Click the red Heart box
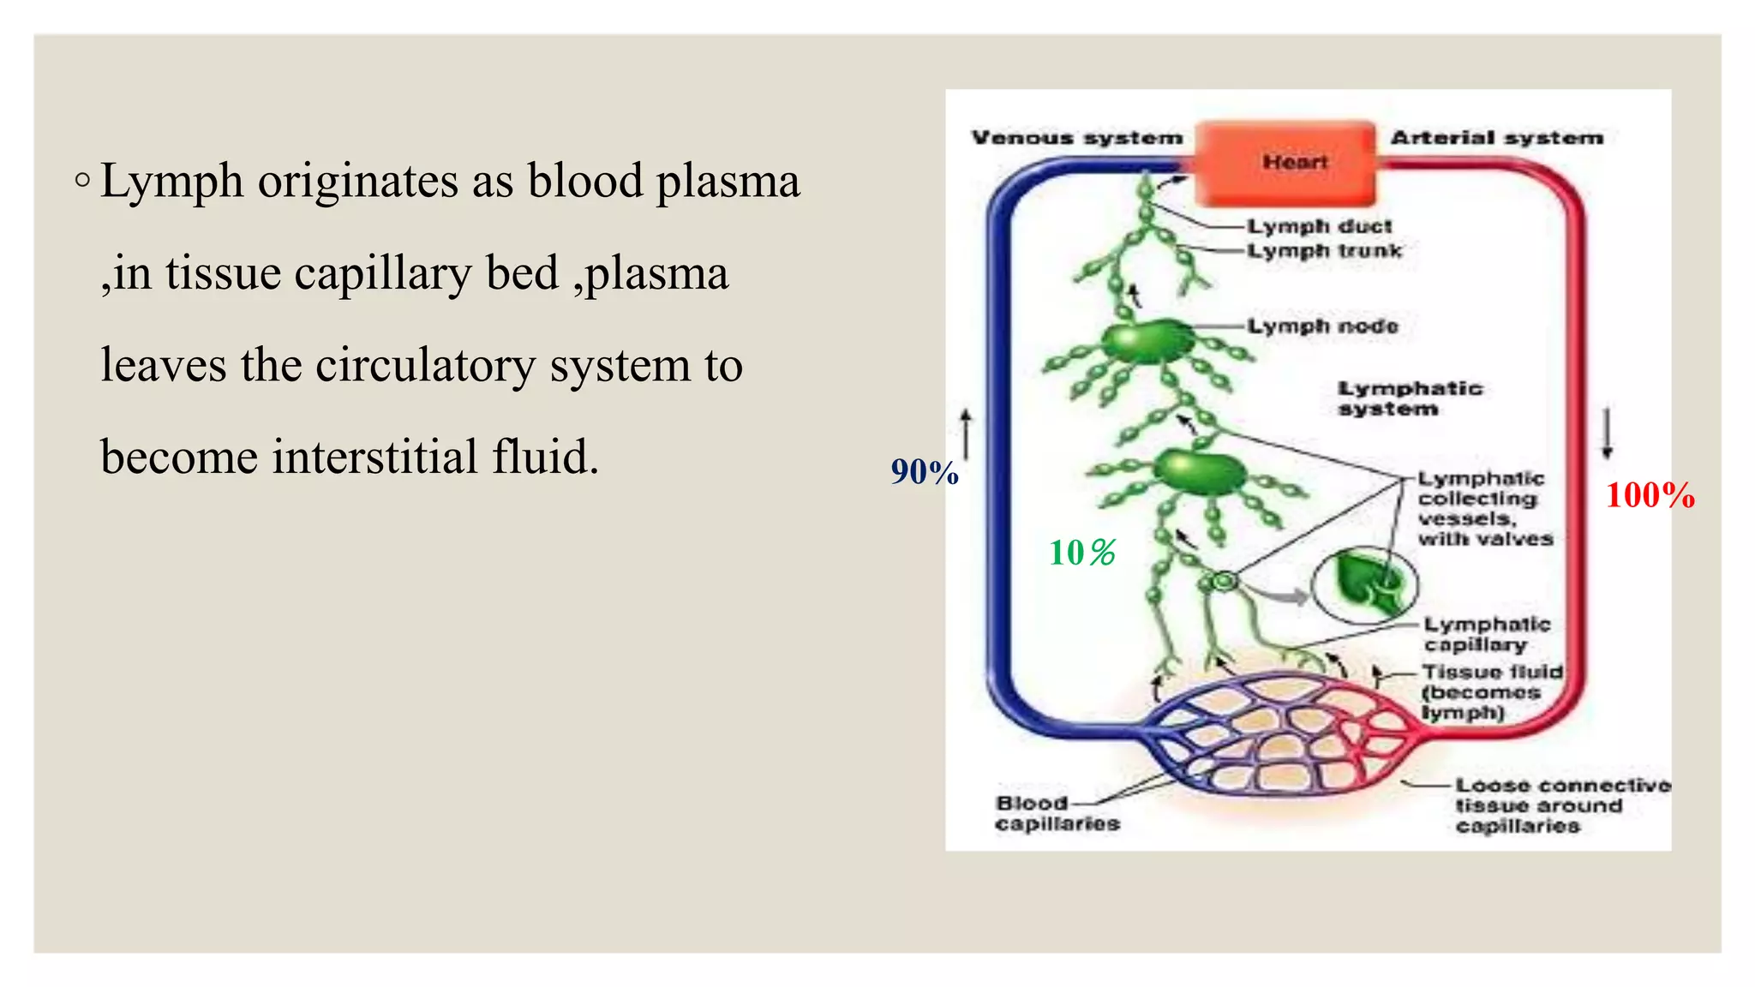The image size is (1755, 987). coord(1285,162)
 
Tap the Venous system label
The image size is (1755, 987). coord(1076,138)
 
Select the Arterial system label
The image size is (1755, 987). coord(1496,138)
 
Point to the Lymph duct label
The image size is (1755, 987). coord(1319,226)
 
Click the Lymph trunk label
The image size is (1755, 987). coord(1324,251)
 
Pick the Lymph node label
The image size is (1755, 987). coord(1322,326)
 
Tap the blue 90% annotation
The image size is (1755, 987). coord(925,472)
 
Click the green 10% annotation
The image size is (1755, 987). coord(1082,553)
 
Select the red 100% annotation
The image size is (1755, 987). coord(1650,496)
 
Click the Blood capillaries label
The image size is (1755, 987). coord(1057,813)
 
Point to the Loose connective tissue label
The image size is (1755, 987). coord(1562,805)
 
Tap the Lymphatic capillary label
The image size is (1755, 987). coord(1487,634)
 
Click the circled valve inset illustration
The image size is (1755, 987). coord(1364,584)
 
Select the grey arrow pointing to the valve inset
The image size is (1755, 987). coord(1278,592)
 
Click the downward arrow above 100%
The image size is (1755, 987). coord(1608,433)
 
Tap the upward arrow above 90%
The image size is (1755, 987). coord(967,433)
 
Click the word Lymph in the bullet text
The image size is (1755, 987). coord(171,182)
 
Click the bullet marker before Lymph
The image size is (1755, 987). coord(82,181)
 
